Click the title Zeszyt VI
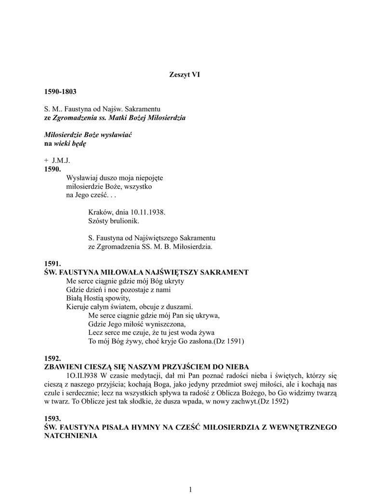[184, 74]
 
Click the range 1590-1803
[60, 91]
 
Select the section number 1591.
[53, 264]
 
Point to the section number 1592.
[53, 358]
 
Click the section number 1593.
[53, 419]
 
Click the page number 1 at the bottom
[191, 490]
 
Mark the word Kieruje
[78, 307]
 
